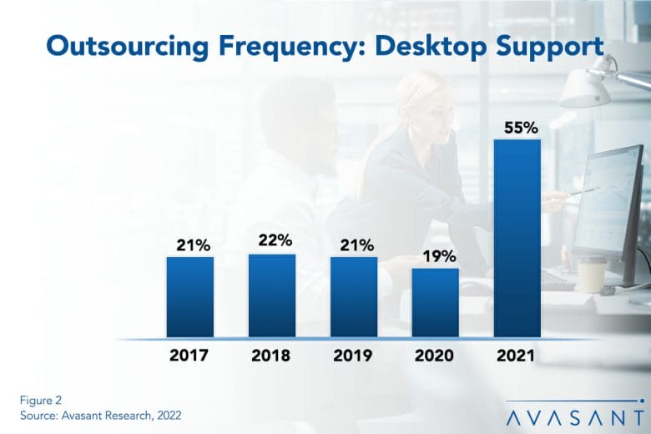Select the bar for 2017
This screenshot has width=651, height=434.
(190, 297)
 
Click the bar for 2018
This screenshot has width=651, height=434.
(272, 295)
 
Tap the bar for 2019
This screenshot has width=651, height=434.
(354, 297)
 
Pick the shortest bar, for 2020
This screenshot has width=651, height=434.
(436, 303)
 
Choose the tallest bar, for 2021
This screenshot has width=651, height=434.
(517, 239)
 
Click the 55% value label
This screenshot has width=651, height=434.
(521, 128)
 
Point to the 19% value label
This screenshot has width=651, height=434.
(439, 256)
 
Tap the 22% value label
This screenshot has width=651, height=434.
(275, 240)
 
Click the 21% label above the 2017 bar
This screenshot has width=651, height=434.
(193, 245)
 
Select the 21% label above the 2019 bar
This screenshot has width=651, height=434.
(357, 245)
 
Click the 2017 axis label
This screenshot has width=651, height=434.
(189, 355)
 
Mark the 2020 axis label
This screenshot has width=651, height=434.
(434, 355)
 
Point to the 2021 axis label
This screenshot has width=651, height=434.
(516, 355)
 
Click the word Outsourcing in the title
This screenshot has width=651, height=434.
(128, 46)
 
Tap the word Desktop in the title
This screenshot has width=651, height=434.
(430, 47)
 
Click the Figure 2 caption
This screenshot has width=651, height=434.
(41, 400)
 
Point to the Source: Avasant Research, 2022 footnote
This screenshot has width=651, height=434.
(100, 416)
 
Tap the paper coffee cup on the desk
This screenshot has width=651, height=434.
(592, 274)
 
